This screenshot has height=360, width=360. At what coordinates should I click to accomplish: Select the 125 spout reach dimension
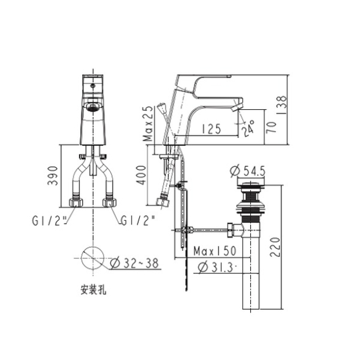(211, 129)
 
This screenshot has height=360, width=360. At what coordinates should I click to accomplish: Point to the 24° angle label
(248, 128)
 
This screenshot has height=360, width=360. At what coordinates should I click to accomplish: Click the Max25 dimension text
(147, 124)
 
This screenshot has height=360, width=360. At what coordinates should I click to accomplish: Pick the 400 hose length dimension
(141, 175)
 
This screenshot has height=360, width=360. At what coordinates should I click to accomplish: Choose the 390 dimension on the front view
(52, 175)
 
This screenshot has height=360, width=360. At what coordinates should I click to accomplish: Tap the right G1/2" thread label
(138, 221)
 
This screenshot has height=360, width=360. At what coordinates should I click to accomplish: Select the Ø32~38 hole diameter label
(134, 263)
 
